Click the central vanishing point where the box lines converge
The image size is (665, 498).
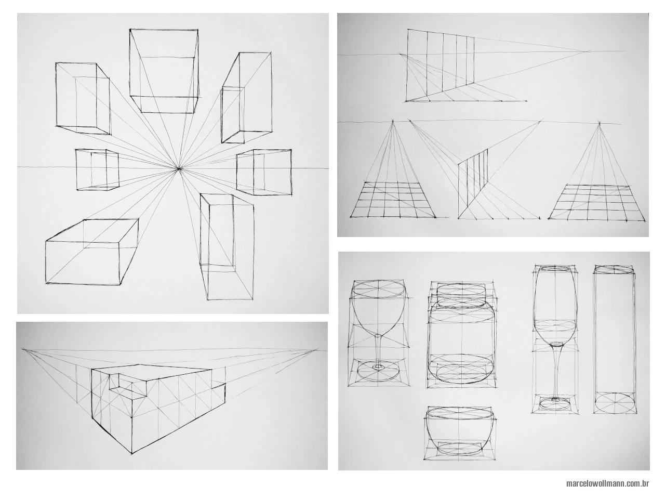178,168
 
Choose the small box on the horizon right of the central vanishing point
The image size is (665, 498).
264,172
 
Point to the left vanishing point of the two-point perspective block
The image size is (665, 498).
23,349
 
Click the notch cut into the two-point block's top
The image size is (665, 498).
121,382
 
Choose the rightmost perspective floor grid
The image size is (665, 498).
599,203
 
